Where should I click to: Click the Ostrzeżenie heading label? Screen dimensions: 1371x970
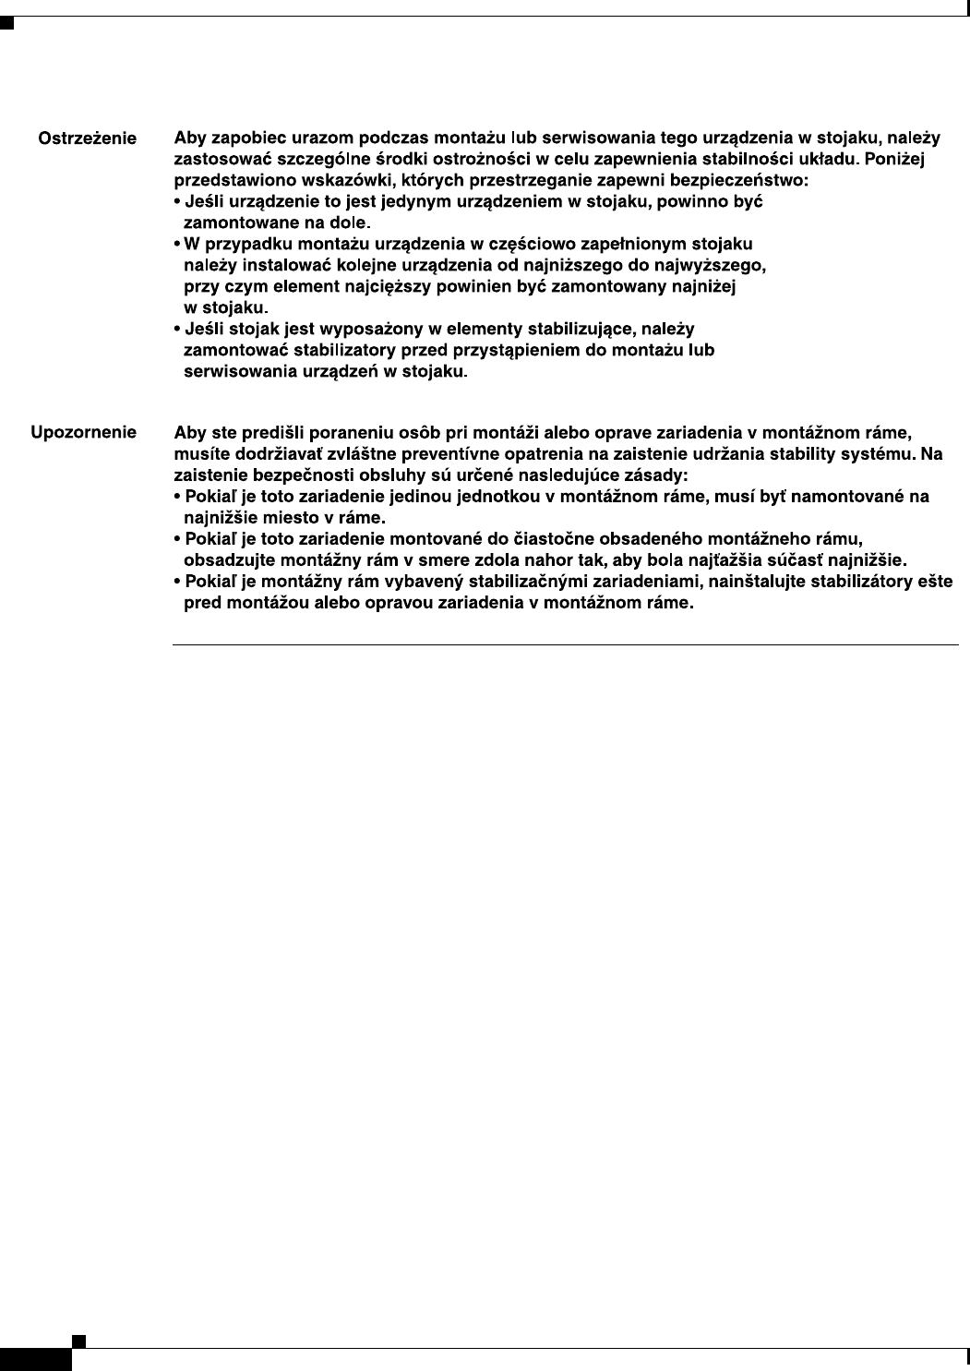[87, 139]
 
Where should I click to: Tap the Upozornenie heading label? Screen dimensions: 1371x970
[84, 432]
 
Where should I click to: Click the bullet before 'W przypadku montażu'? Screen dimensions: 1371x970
[177, 245]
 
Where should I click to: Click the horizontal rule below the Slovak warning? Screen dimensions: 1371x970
[565, 644]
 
